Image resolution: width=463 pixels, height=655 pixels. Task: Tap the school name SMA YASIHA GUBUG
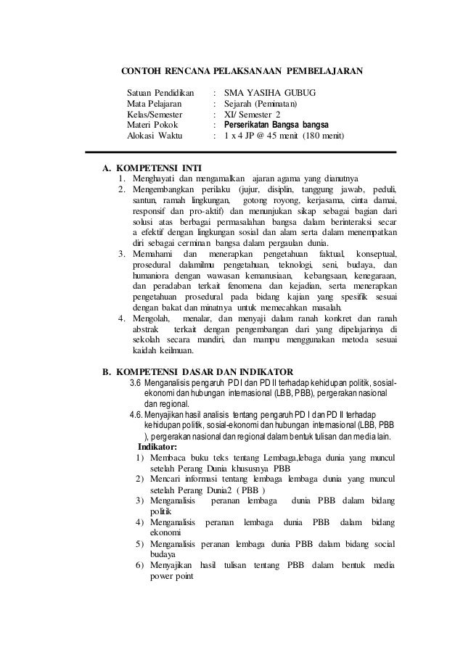(270, 94)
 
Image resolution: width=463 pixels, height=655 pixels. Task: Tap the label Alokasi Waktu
(155, 135)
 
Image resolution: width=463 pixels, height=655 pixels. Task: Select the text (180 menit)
(324, 135)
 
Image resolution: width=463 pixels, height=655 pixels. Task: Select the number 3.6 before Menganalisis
(135, 382)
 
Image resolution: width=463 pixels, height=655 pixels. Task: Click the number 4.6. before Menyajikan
(136, 413)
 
